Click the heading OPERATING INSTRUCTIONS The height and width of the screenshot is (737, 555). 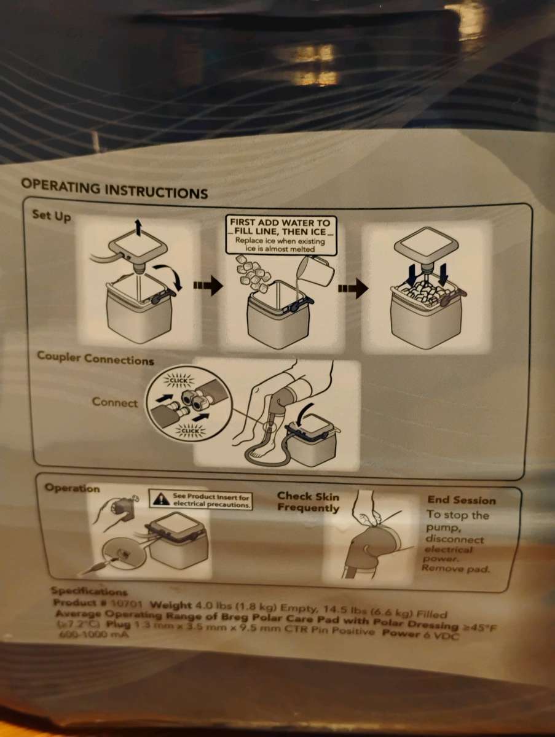[114, 188]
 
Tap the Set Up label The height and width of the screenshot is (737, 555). [52, 216]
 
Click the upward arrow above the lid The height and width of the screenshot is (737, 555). [140, 229]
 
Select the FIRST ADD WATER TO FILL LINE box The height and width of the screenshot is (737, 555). [280, 235]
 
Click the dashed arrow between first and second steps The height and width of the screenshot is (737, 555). [207, 286]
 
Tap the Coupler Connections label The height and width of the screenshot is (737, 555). [95, 358]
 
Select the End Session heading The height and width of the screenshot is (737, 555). [461, 500]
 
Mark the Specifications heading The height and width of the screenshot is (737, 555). [89, 591]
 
